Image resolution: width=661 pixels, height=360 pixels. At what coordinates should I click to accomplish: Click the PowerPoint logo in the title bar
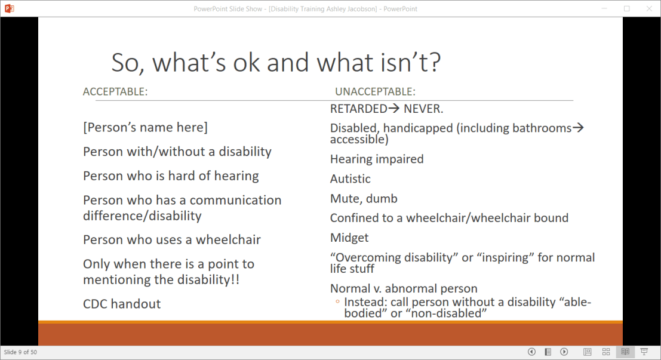pos(9,8)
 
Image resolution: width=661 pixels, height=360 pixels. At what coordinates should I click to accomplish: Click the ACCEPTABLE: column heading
pos(115,91)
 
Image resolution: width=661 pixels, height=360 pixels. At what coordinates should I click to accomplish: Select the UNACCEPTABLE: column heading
pos(375,91)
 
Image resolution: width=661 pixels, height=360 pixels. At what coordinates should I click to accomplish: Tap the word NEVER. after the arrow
pos(423,109)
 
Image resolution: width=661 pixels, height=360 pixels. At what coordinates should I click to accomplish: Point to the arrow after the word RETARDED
pos(393,108)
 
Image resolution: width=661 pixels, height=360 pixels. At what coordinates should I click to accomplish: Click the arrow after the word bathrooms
pos(578,127)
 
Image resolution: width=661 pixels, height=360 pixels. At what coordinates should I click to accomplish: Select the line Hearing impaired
pos(377,159)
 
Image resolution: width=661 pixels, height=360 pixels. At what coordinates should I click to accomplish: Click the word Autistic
pos(351,179)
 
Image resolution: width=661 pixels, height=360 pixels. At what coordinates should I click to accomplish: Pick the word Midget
pos(349,238)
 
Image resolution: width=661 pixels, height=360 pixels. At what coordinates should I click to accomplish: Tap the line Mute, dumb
pos(364,199)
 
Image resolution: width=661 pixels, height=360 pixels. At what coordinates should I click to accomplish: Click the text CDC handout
pos(122,303)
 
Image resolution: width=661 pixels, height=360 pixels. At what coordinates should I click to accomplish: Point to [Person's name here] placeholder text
pos(146,127)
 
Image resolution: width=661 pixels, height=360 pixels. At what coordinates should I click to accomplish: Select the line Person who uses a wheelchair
pos(172,239)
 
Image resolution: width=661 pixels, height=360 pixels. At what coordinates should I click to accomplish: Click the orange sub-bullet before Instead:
pos(337,301)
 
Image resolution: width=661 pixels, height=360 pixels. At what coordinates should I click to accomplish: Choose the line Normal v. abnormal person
pos(404,288)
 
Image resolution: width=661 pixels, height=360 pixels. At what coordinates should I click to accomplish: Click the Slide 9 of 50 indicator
pos(20,352)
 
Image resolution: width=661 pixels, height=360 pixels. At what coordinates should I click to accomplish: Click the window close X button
pos(649,8)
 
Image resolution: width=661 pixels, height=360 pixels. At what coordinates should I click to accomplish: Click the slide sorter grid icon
pos(606,352)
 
